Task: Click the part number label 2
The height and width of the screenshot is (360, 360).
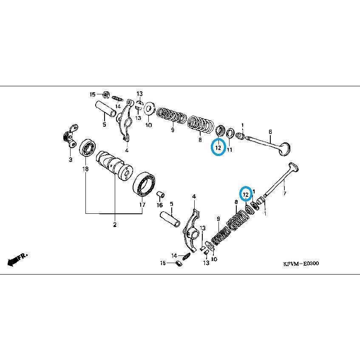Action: (114, 224)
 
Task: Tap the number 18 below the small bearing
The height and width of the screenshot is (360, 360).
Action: (85, 169)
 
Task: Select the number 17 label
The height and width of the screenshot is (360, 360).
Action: (142, 205)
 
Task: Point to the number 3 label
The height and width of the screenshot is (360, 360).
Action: (71, 160)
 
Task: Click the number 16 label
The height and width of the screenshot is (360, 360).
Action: (160, 205)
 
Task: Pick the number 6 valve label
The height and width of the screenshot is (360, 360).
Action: (270, 132)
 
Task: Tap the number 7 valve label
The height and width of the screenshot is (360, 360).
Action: (284, 194)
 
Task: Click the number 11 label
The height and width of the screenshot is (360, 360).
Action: (229, 150)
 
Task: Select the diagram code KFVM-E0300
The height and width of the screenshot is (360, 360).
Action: (301, 264)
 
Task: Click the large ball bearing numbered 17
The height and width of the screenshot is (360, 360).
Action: (145, 186)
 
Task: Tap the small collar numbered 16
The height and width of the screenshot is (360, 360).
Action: (161, 195)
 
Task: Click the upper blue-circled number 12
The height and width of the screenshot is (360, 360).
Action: (218, 148)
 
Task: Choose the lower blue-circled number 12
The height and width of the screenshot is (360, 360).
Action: (245, 194)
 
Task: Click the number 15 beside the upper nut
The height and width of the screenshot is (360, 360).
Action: (92, 94)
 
